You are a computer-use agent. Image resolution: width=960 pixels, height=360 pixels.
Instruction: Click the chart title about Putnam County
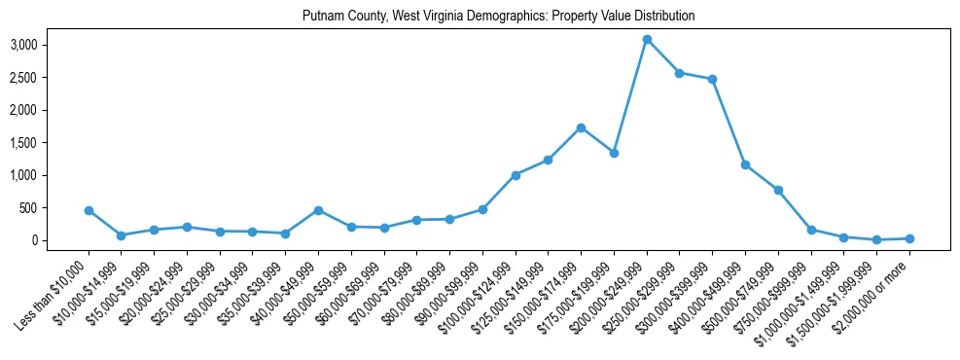498,17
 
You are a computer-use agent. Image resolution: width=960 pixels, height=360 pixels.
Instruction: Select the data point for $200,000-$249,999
647,39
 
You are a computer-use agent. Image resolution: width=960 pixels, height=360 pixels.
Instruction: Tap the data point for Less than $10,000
89,210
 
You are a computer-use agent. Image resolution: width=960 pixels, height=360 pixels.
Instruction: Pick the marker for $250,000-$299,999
680,73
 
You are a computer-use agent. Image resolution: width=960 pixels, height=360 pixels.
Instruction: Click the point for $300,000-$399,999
713,79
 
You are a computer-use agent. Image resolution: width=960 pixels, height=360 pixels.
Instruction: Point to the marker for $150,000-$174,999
581,127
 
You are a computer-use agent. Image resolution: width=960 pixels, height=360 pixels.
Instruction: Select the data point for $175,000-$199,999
614,153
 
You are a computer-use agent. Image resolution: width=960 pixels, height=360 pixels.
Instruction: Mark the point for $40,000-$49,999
318,210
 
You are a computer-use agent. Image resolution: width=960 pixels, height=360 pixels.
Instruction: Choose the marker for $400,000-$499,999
745,164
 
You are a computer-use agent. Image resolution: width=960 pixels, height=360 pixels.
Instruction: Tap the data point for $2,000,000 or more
909,238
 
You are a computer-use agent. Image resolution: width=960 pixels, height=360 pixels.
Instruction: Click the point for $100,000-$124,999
516,175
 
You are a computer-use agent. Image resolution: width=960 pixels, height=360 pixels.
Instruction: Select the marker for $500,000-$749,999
778,190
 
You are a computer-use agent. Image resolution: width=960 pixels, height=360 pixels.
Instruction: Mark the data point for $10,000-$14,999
121,235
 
